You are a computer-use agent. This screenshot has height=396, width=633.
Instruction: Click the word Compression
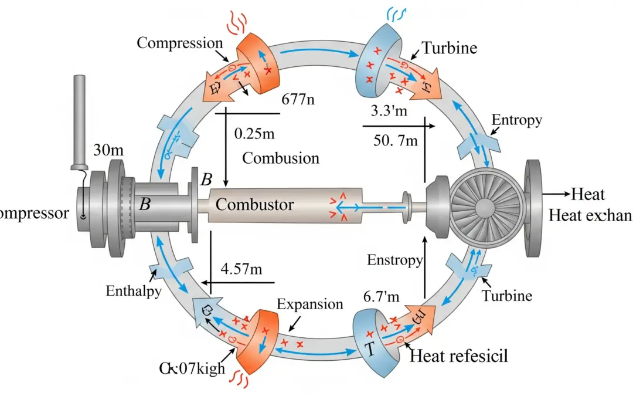tap(179, 43)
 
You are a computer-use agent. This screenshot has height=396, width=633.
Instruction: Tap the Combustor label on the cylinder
tap(255, 205)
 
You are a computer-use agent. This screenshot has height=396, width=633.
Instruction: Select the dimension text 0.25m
tap(254, 134)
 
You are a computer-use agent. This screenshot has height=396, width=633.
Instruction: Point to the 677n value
tap(298, 99)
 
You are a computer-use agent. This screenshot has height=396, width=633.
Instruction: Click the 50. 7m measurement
tap(395, 141)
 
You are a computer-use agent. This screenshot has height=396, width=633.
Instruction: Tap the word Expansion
tap(309, 304)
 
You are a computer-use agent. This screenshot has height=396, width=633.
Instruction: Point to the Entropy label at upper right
tap(516, 120)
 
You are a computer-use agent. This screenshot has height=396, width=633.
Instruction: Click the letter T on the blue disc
tap(370, 348)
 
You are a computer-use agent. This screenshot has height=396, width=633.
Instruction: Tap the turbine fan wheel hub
tap(487, 207)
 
